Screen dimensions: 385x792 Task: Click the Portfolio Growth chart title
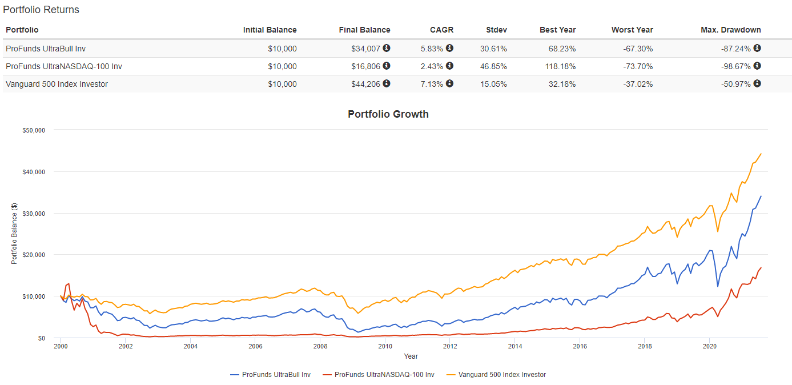point(388,114)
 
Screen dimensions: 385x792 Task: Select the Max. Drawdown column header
point(730,30)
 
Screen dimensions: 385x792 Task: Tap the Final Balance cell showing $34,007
point(366,49)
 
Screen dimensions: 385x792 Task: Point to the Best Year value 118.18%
point(558,66)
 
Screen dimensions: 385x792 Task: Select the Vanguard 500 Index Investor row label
point(57,84)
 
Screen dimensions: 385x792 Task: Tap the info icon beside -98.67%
point(757,66)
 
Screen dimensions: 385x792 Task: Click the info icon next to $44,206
point(387,84)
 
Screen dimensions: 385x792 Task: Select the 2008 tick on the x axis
point(320,346)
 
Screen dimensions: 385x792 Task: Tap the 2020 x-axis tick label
point(709,346)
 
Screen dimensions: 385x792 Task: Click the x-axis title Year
point(411,356)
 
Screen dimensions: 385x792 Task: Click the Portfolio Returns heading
point(41,10)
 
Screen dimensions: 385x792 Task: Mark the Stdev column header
point(496,30)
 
